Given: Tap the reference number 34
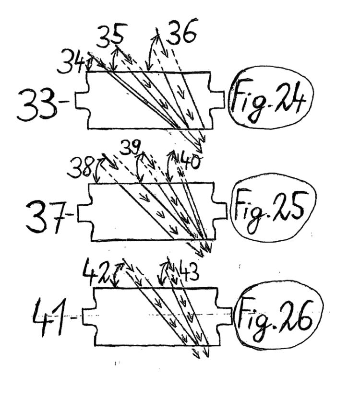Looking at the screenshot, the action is tap(71, 61).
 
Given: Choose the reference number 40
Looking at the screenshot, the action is tap(189, 162).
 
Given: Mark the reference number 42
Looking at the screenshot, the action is tap(96, 271).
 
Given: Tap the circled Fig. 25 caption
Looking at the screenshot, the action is tap(273, 207).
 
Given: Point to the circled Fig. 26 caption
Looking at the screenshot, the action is tap(279, 316).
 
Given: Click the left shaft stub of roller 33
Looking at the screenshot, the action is tap(82, 100).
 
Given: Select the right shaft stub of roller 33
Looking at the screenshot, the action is tap(217, 100).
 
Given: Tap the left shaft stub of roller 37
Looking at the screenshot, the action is tap(84, 212).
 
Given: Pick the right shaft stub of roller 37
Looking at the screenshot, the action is tap(220, 211).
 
